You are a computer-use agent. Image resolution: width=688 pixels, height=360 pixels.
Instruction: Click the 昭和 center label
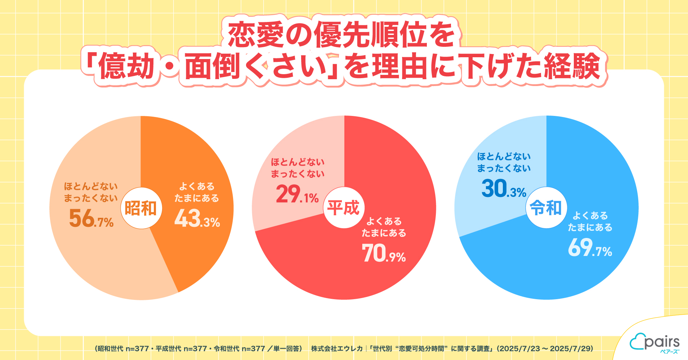(x=141, y=208)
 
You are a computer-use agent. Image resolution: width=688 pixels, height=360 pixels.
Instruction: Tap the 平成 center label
(x=344, y=208)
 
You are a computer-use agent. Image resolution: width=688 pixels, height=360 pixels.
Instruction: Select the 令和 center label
(x=546, y=208)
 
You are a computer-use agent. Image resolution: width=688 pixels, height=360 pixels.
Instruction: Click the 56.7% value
(x=91, y=219)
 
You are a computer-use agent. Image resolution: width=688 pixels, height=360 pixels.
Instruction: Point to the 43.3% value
(x=197, y=219)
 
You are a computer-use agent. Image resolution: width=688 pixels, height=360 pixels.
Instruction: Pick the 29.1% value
(x=297, y=194)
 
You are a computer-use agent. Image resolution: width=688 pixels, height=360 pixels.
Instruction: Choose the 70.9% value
(x=384, y=253)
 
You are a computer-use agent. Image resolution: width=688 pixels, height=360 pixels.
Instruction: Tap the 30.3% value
(x=504, y=189)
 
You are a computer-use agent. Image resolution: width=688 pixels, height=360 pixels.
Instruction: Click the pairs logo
(x=655, y=343)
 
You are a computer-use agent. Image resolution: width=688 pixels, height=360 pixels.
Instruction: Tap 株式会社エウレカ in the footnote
(x=337, y=348)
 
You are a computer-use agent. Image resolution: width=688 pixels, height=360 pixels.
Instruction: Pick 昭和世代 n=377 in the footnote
(x=123, y=348)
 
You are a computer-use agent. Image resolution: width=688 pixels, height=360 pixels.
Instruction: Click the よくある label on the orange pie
(x=197, y=186)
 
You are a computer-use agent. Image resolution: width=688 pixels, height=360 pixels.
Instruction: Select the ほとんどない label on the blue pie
(x=504, y=157)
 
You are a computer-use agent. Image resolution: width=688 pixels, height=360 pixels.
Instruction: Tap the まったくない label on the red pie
(x=298, y=174)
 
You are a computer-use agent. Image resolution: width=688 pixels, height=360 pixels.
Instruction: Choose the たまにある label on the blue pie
(x=590, y=228)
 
